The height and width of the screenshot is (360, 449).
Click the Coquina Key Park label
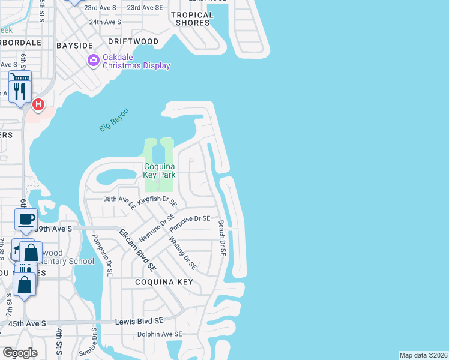coord(159,170)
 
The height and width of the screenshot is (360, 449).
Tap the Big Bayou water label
coord(114,121)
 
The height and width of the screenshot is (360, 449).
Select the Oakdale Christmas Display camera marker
coord(93,60)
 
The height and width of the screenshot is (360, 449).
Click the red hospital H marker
coord(38,105)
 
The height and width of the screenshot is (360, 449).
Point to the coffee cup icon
coord(26,220)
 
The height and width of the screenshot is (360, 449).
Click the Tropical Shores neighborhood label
coord(193,19)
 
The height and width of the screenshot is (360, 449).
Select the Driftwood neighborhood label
coord(133,41)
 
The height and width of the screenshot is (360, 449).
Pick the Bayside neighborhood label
coord(74,45)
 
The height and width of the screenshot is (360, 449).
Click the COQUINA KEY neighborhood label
coord(164,281)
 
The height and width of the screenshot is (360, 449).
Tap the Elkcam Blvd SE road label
coord(137,249)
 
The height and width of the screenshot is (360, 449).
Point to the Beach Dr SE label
coord(221,238)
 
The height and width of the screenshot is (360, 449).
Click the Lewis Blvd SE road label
coord(141,322)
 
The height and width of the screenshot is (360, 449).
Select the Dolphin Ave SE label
coord(159,334)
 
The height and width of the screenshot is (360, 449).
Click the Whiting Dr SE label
coord(182,253)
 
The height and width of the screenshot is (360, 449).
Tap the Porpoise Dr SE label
coord(190,223)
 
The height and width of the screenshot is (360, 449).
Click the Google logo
coord(20,353)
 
